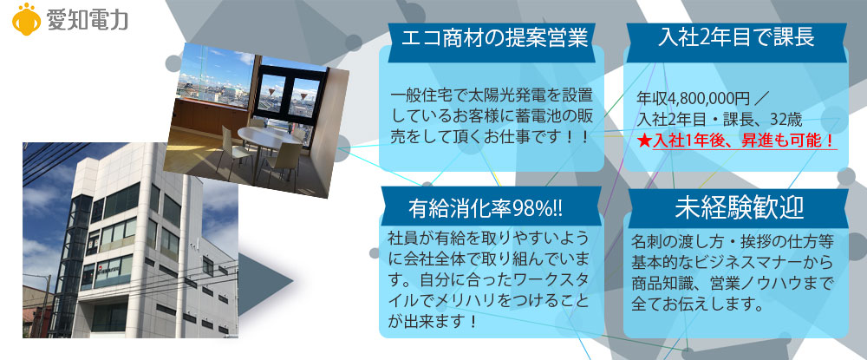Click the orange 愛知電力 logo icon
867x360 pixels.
(26, 19)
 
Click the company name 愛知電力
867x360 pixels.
(88, 20)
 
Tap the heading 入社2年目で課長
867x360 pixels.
(737, 37)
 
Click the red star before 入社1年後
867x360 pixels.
(644, 141)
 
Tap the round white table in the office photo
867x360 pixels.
(270, 135)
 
